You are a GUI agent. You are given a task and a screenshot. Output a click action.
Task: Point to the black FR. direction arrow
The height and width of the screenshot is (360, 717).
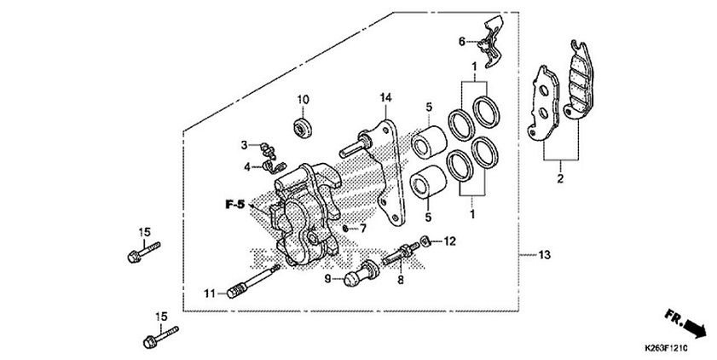tap(697, 328)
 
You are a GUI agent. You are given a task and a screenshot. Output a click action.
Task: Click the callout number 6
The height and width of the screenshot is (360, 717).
tap(461, 41)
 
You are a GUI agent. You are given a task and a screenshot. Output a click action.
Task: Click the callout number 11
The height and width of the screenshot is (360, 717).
tap(208, 293)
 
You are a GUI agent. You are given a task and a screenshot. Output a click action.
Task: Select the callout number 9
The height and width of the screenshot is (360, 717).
tap(327, 278)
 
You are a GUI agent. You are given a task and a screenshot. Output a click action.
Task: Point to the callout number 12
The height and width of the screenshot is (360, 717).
tap(451, 241)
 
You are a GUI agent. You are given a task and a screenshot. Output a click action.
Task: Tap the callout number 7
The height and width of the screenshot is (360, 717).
tap(361, 229)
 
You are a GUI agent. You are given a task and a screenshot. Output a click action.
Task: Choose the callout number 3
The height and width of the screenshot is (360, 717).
tap(243, 144)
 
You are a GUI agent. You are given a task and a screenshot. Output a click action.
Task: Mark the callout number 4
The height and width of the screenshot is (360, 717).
tap(244, 165)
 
